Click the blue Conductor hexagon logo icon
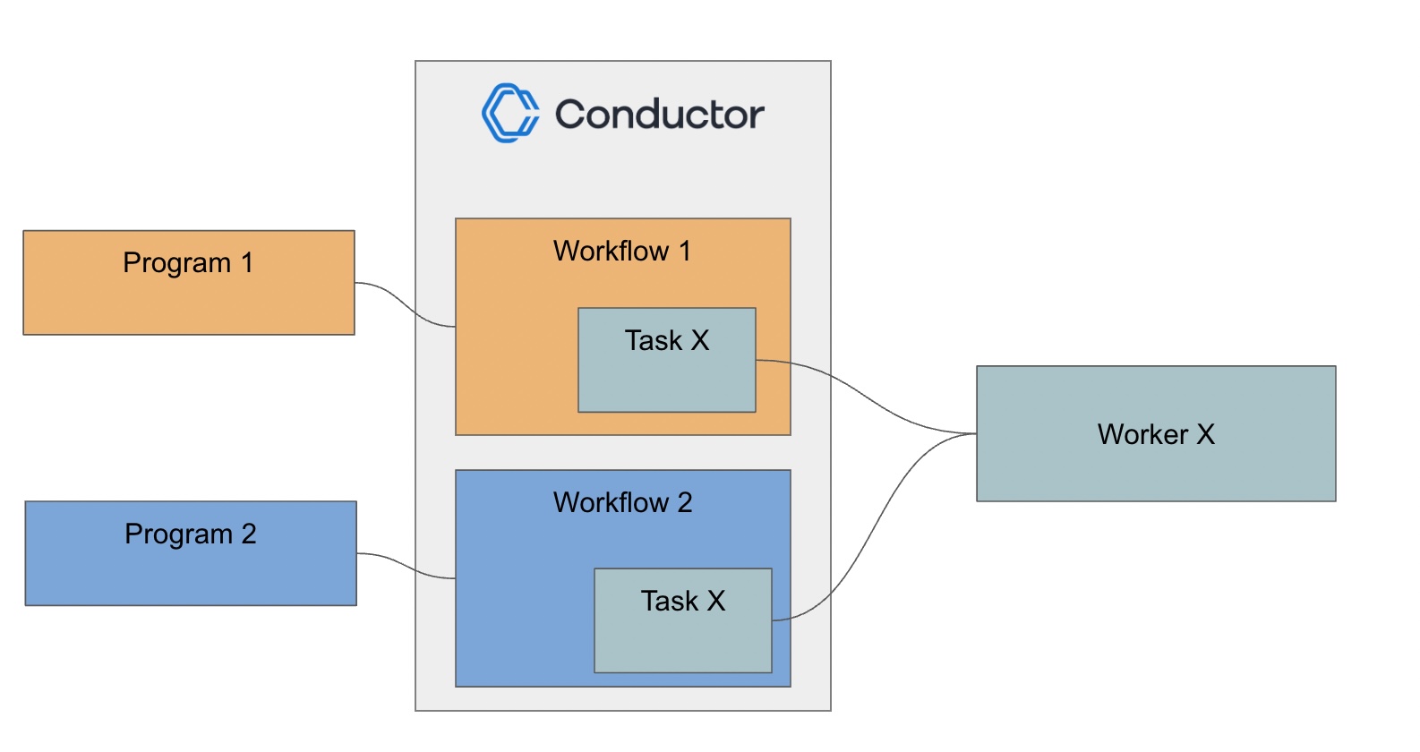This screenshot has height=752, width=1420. tap(510, 114)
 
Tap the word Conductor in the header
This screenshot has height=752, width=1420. tap(659, 115)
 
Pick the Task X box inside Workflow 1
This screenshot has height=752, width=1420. tap(667, 376)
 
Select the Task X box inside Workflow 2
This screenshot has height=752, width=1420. tap(683, 636)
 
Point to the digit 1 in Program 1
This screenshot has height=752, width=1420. tap(247, 263)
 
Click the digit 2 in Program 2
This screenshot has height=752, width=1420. tap(249, 534)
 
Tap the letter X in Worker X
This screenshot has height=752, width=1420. tap(1205, 435)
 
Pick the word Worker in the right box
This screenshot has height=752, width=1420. tap(1142, 435)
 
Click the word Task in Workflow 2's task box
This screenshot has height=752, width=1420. tap(669, 601)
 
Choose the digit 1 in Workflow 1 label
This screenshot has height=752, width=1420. tap(685, 252)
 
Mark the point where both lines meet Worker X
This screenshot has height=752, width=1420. tap(975, 434)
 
